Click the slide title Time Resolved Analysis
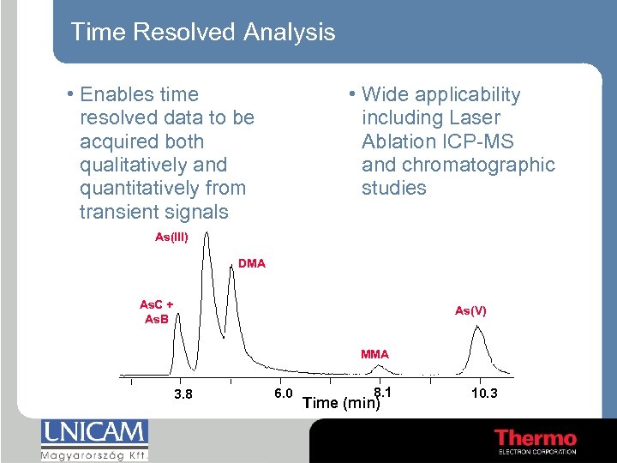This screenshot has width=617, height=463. (202, 33)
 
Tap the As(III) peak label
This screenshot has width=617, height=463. (171, 237)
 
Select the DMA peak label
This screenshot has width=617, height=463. (251, 263)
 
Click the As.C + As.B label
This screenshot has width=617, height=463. (156, 312)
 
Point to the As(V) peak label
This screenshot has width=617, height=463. (470, 310)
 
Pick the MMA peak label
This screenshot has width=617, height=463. (374, 353)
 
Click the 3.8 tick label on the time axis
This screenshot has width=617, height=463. (183, 394)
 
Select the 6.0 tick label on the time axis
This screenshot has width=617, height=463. (284, 393)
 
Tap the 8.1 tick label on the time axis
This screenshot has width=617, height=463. (383, 392)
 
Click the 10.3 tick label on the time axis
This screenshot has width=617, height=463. (484, 393)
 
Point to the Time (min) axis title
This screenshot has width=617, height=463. (342, 403)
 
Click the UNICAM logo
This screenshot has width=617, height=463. (94, 432)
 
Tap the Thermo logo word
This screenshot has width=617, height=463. (536, 438)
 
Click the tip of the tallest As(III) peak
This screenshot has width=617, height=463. (206, 234)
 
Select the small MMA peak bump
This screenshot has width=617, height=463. (381, 368)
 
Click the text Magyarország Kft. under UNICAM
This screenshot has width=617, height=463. (94, 454)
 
